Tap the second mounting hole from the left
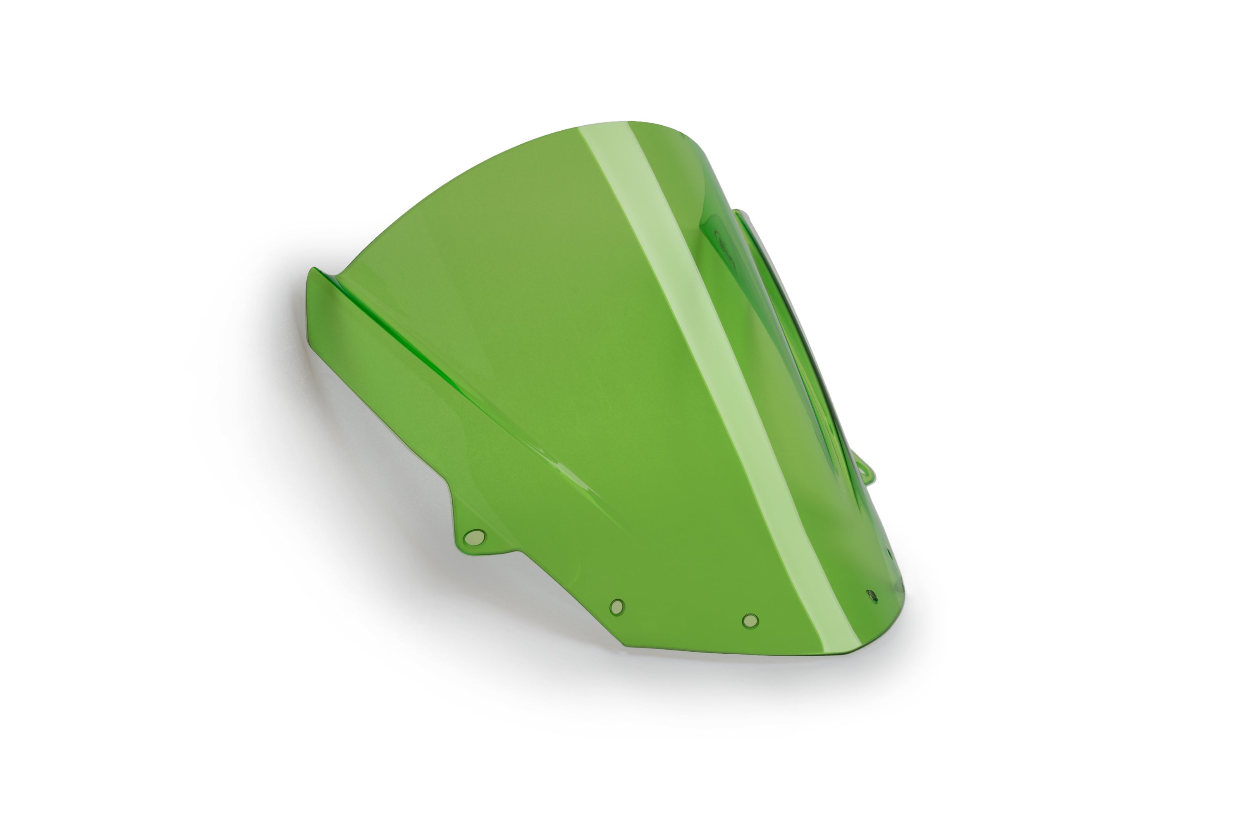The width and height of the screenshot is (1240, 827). click(x=617, y=607)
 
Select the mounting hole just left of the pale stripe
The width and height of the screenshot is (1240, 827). click(x=750, y=621)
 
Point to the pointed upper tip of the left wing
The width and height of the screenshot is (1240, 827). click(x=312, y=269)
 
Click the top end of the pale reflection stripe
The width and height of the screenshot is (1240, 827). click(x=607, y=127)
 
